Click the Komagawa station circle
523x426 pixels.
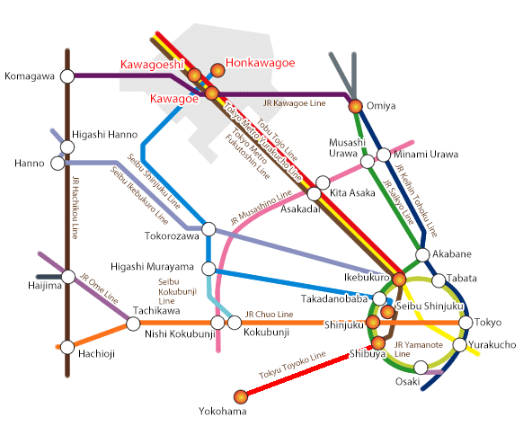coord(66,75)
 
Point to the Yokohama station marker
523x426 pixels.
coord(239,396)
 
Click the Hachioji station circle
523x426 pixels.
coord(66,346)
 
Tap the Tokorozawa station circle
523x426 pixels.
coord(208,229)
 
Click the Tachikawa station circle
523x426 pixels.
coord(133,324)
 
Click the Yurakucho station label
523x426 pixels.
coord(492,345)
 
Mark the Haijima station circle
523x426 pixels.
coord(66,278)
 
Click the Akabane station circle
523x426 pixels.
coord(424,255)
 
